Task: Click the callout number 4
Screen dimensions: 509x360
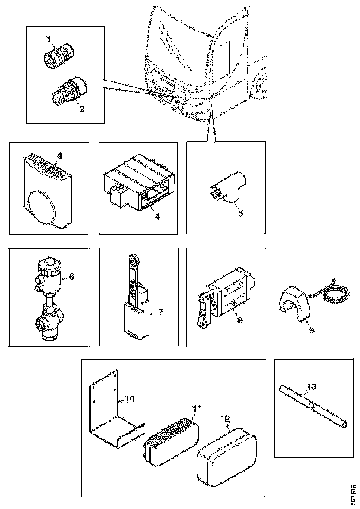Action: point(157,216)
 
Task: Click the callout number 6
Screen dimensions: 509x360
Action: point(71,277)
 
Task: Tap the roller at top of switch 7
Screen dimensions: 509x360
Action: point(134,261)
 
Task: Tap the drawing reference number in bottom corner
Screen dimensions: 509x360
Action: point(354,493)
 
